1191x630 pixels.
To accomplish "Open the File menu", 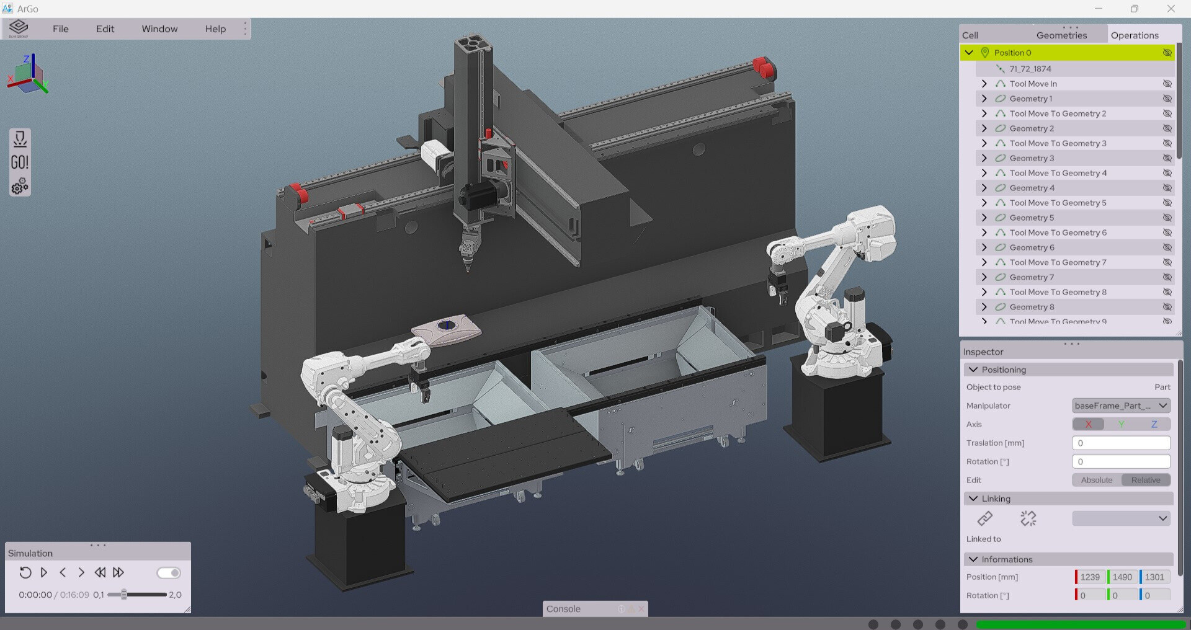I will click(61, 29).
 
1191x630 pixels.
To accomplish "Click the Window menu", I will click(159, 29).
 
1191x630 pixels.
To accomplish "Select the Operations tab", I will click(1134, 35).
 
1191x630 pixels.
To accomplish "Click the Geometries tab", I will click(1061, 35).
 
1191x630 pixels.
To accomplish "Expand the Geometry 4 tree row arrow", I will click(984, 188).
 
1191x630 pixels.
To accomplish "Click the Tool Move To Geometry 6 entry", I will click(1058, 233).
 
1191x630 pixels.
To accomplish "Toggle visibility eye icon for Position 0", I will click(1167, 53).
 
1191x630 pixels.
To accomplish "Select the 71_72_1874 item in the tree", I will click(1030, 69).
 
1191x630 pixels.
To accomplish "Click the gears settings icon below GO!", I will click(20, 186).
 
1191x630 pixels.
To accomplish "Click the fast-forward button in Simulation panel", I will click(118, 572).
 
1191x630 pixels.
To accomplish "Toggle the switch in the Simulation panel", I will click(168, 572).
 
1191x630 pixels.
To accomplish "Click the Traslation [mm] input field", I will click(1120, 443).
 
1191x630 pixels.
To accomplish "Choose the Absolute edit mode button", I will click(1096, 480).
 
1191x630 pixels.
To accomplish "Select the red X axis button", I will click(1088, 424).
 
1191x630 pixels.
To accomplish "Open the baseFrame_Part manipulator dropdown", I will click(1120, 406).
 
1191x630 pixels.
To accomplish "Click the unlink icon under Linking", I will click(1028, 518).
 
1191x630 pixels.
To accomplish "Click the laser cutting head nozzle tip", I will click(468, 268).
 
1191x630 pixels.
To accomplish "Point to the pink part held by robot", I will click(447, 330).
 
